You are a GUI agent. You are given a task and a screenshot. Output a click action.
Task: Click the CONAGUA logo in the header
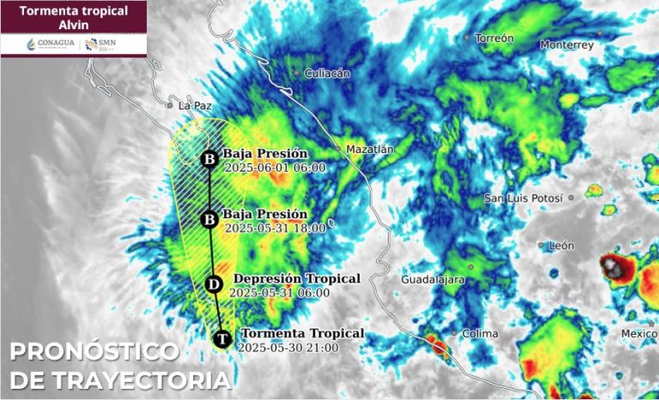(x=45, y=44)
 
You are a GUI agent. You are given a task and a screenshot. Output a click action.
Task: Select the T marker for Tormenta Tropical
(x=222, y=339)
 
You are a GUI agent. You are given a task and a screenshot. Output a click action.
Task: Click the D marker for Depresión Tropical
(x=215, y=284)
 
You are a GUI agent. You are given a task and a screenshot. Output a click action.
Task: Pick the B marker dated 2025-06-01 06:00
(x=209, y=160)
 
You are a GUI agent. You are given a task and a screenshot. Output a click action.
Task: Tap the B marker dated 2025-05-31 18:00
(x=209, y=220)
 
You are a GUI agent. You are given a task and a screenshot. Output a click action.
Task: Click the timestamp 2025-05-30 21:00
(x=288, y=348)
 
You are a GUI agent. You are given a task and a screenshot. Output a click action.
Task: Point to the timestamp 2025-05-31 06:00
(x=281, y=293)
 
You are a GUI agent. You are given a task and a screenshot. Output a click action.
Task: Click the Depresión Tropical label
(x=297, y=279)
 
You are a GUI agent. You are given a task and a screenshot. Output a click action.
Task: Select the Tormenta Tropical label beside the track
(x=302, y=333)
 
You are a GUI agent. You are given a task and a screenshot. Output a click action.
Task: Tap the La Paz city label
(x=194, y=106)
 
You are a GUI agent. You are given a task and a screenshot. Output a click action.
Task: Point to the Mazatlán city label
(x=370, y=149)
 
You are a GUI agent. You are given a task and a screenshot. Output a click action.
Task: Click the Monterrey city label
(x=566, y=45)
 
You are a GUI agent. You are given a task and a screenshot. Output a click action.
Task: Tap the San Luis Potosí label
(x=523, y=198)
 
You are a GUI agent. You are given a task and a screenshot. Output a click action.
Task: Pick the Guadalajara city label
(x=433, y=281)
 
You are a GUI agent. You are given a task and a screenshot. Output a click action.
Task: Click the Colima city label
(x=481, y=333)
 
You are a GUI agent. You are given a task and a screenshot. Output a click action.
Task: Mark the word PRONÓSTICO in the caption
(x=94, y=352)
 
